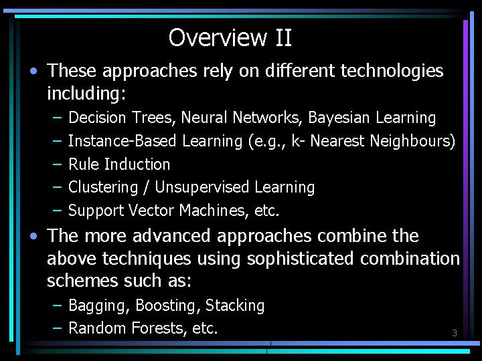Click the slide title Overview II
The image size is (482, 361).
[x=230, y=37]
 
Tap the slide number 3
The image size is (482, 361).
[x=455, y=333]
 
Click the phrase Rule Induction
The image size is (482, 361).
[x=119, y=164]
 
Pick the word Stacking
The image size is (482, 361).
[x=235, y=306]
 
